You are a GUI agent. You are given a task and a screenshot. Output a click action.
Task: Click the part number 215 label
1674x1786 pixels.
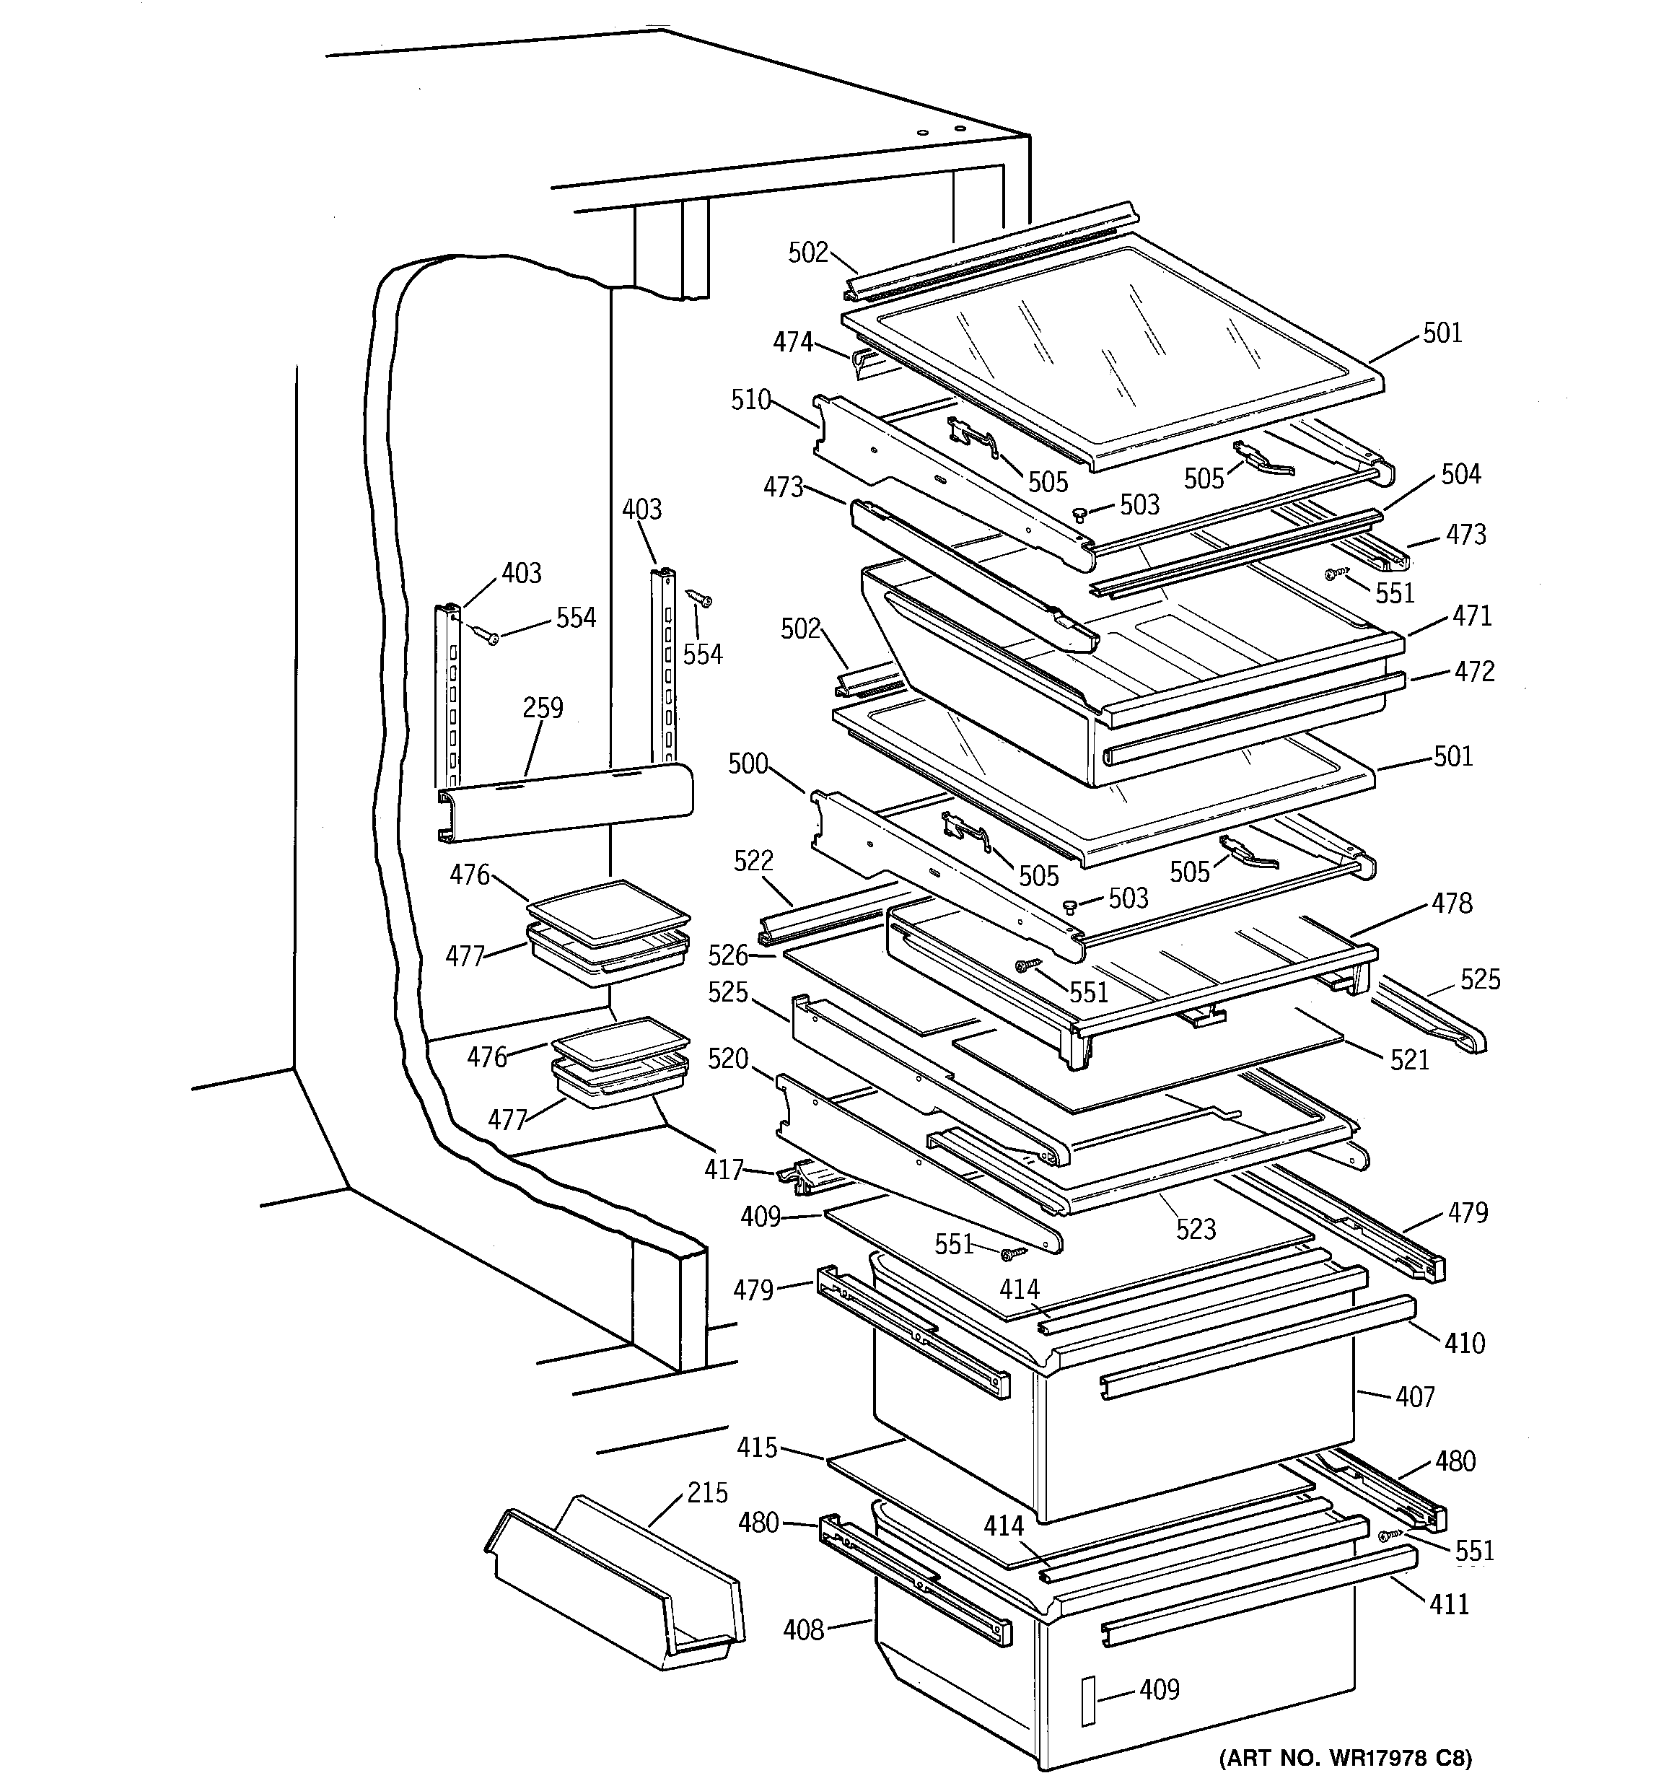click(x=707, y=1492)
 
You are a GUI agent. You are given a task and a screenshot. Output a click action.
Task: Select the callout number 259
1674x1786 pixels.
click(x=543, y=708)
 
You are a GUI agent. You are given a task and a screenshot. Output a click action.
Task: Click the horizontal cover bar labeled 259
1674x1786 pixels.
click(x=566, y=800)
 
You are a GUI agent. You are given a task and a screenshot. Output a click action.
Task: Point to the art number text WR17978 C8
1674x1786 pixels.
click(x=1345, y=1757)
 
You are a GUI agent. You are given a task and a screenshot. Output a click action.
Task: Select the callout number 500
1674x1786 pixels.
click(x=748, y=763)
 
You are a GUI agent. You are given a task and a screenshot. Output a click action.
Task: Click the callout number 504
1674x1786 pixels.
click(x=1460, y=473)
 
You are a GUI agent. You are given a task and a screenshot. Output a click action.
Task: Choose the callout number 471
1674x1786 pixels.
click(x=1472, y=616)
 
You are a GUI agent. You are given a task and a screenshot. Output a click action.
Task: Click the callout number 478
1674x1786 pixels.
click(x=1453, y=903)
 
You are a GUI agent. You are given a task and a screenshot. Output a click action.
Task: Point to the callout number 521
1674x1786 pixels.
click(x=1409, y=1060)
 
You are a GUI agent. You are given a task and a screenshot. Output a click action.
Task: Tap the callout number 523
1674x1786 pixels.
click(x=1196, y=1229)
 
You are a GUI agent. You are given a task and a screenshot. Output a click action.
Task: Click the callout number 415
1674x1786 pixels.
click(x=757, y=1448)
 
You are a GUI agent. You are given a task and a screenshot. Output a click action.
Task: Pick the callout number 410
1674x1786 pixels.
click(x=1465, y=1343)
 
